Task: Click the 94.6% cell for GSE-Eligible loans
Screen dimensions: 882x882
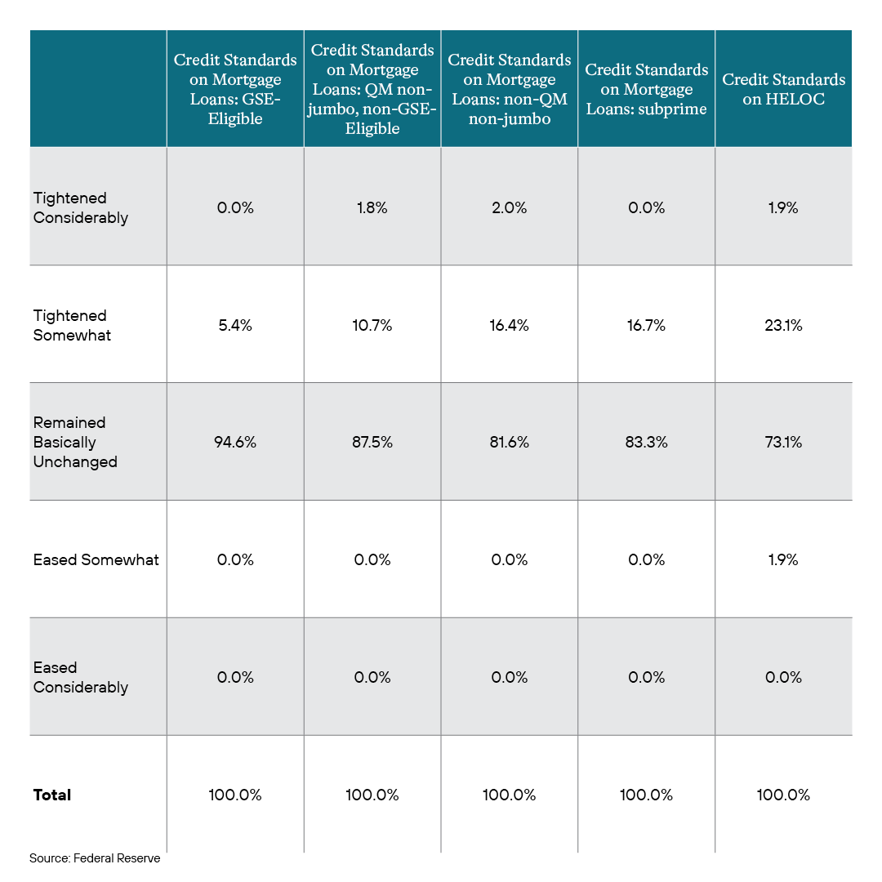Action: click(x=235, y=442)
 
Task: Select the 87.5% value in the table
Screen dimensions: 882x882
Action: click(x=372, y=442)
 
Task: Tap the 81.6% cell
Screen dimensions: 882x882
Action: click(x=509, y=442)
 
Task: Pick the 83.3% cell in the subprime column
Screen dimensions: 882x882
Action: click(x=646, y=442)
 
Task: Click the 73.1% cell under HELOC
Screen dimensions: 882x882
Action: click(x=783, y=442)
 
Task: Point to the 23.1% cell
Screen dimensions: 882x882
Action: click(x=783, y=325)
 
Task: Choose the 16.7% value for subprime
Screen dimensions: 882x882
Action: click(x=646, y=325)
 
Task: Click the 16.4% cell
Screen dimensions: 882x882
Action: click(x=509, y=325)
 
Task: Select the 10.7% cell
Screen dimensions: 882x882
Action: click(x=372, y=325)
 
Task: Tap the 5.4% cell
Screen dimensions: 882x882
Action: click(x=235, y=325)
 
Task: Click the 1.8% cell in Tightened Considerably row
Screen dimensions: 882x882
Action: click(x=372, y=208)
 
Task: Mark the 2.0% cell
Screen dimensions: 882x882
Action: click(x=509, y=208)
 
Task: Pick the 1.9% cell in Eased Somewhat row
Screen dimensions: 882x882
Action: click(x=783, y=559)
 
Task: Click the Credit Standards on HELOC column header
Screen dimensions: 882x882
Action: click(x=783, y=89)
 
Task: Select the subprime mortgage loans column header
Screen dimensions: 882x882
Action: click(x=646, y=89)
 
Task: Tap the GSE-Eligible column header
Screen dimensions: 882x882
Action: click(x=235, y=89)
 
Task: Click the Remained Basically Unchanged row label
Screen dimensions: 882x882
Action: click(x=75, y=442)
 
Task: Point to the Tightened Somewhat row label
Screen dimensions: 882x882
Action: click(x=72, y=325)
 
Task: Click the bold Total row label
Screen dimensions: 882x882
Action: click(x=52, y=795)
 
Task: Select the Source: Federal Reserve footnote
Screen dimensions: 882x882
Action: click(x=95, y=857)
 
